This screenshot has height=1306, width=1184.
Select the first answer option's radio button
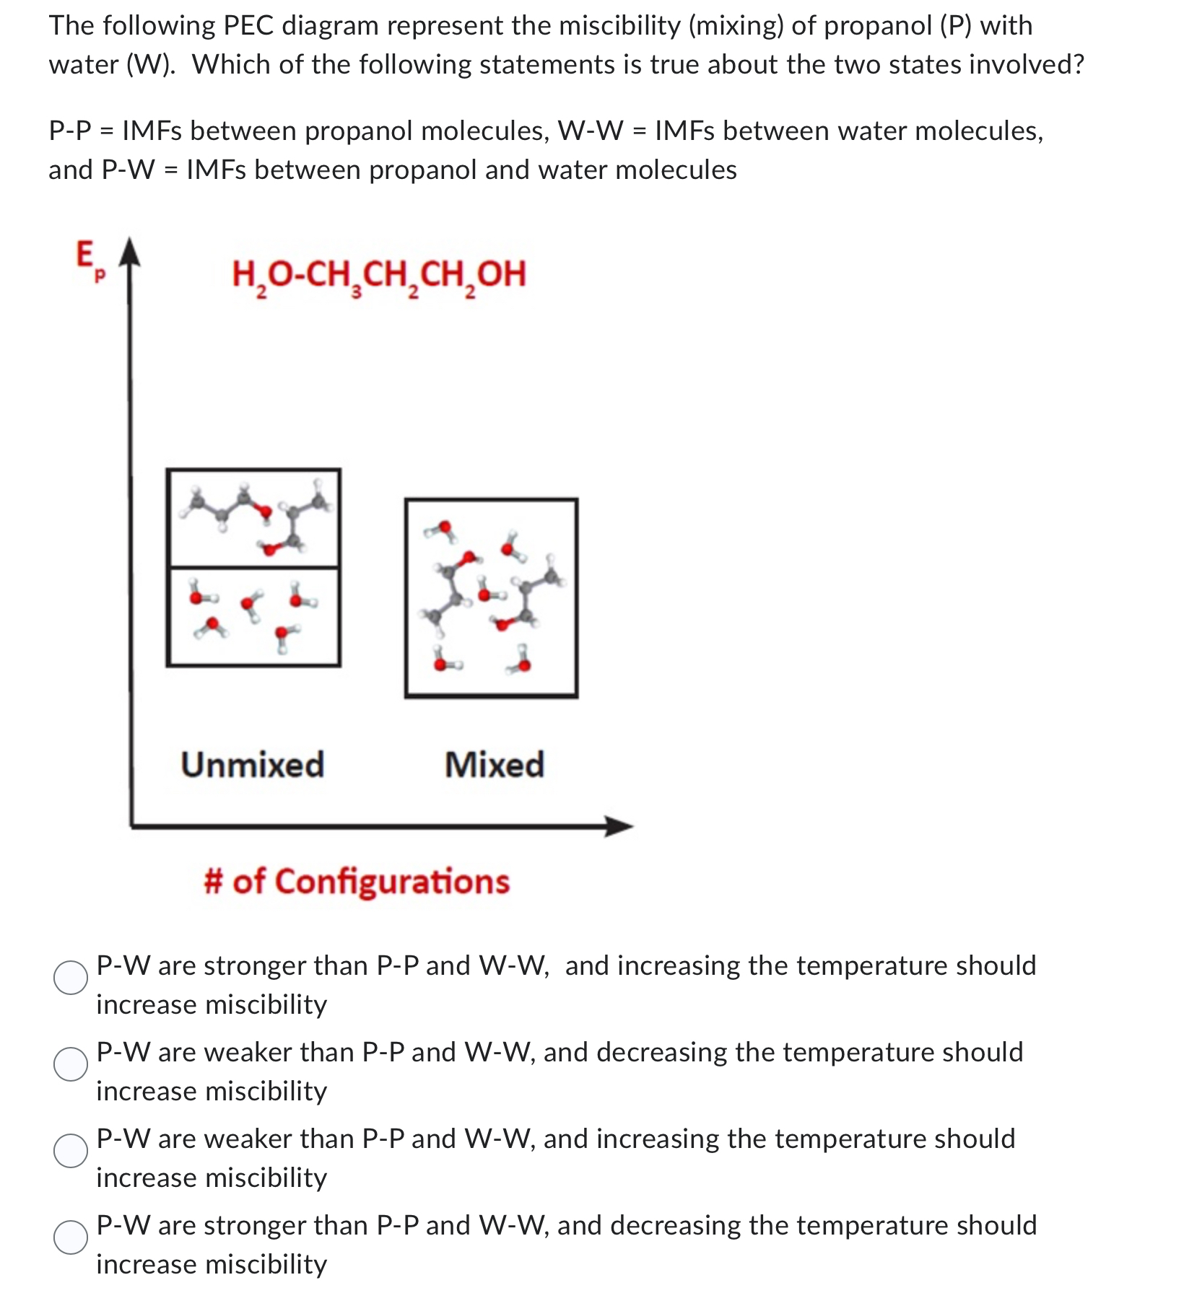71,978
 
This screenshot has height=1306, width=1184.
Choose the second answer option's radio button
71,1064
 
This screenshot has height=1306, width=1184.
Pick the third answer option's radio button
71,1151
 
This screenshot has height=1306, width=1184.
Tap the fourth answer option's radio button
71,1237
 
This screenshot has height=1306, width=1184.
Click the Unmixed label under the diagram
253,764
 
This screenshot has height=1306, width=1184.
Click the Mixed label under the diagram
495,764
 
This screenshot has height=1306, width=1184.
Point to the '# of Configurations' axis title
357,881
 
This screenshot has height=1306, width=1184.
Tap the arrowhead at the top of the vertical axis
130,249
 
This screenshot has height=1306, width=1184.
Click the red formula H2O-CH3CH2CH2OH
379,275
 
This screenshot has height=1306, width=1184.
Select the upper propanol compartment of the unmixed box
253,518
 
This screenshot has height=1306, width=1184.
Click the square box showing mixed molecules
492,597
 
